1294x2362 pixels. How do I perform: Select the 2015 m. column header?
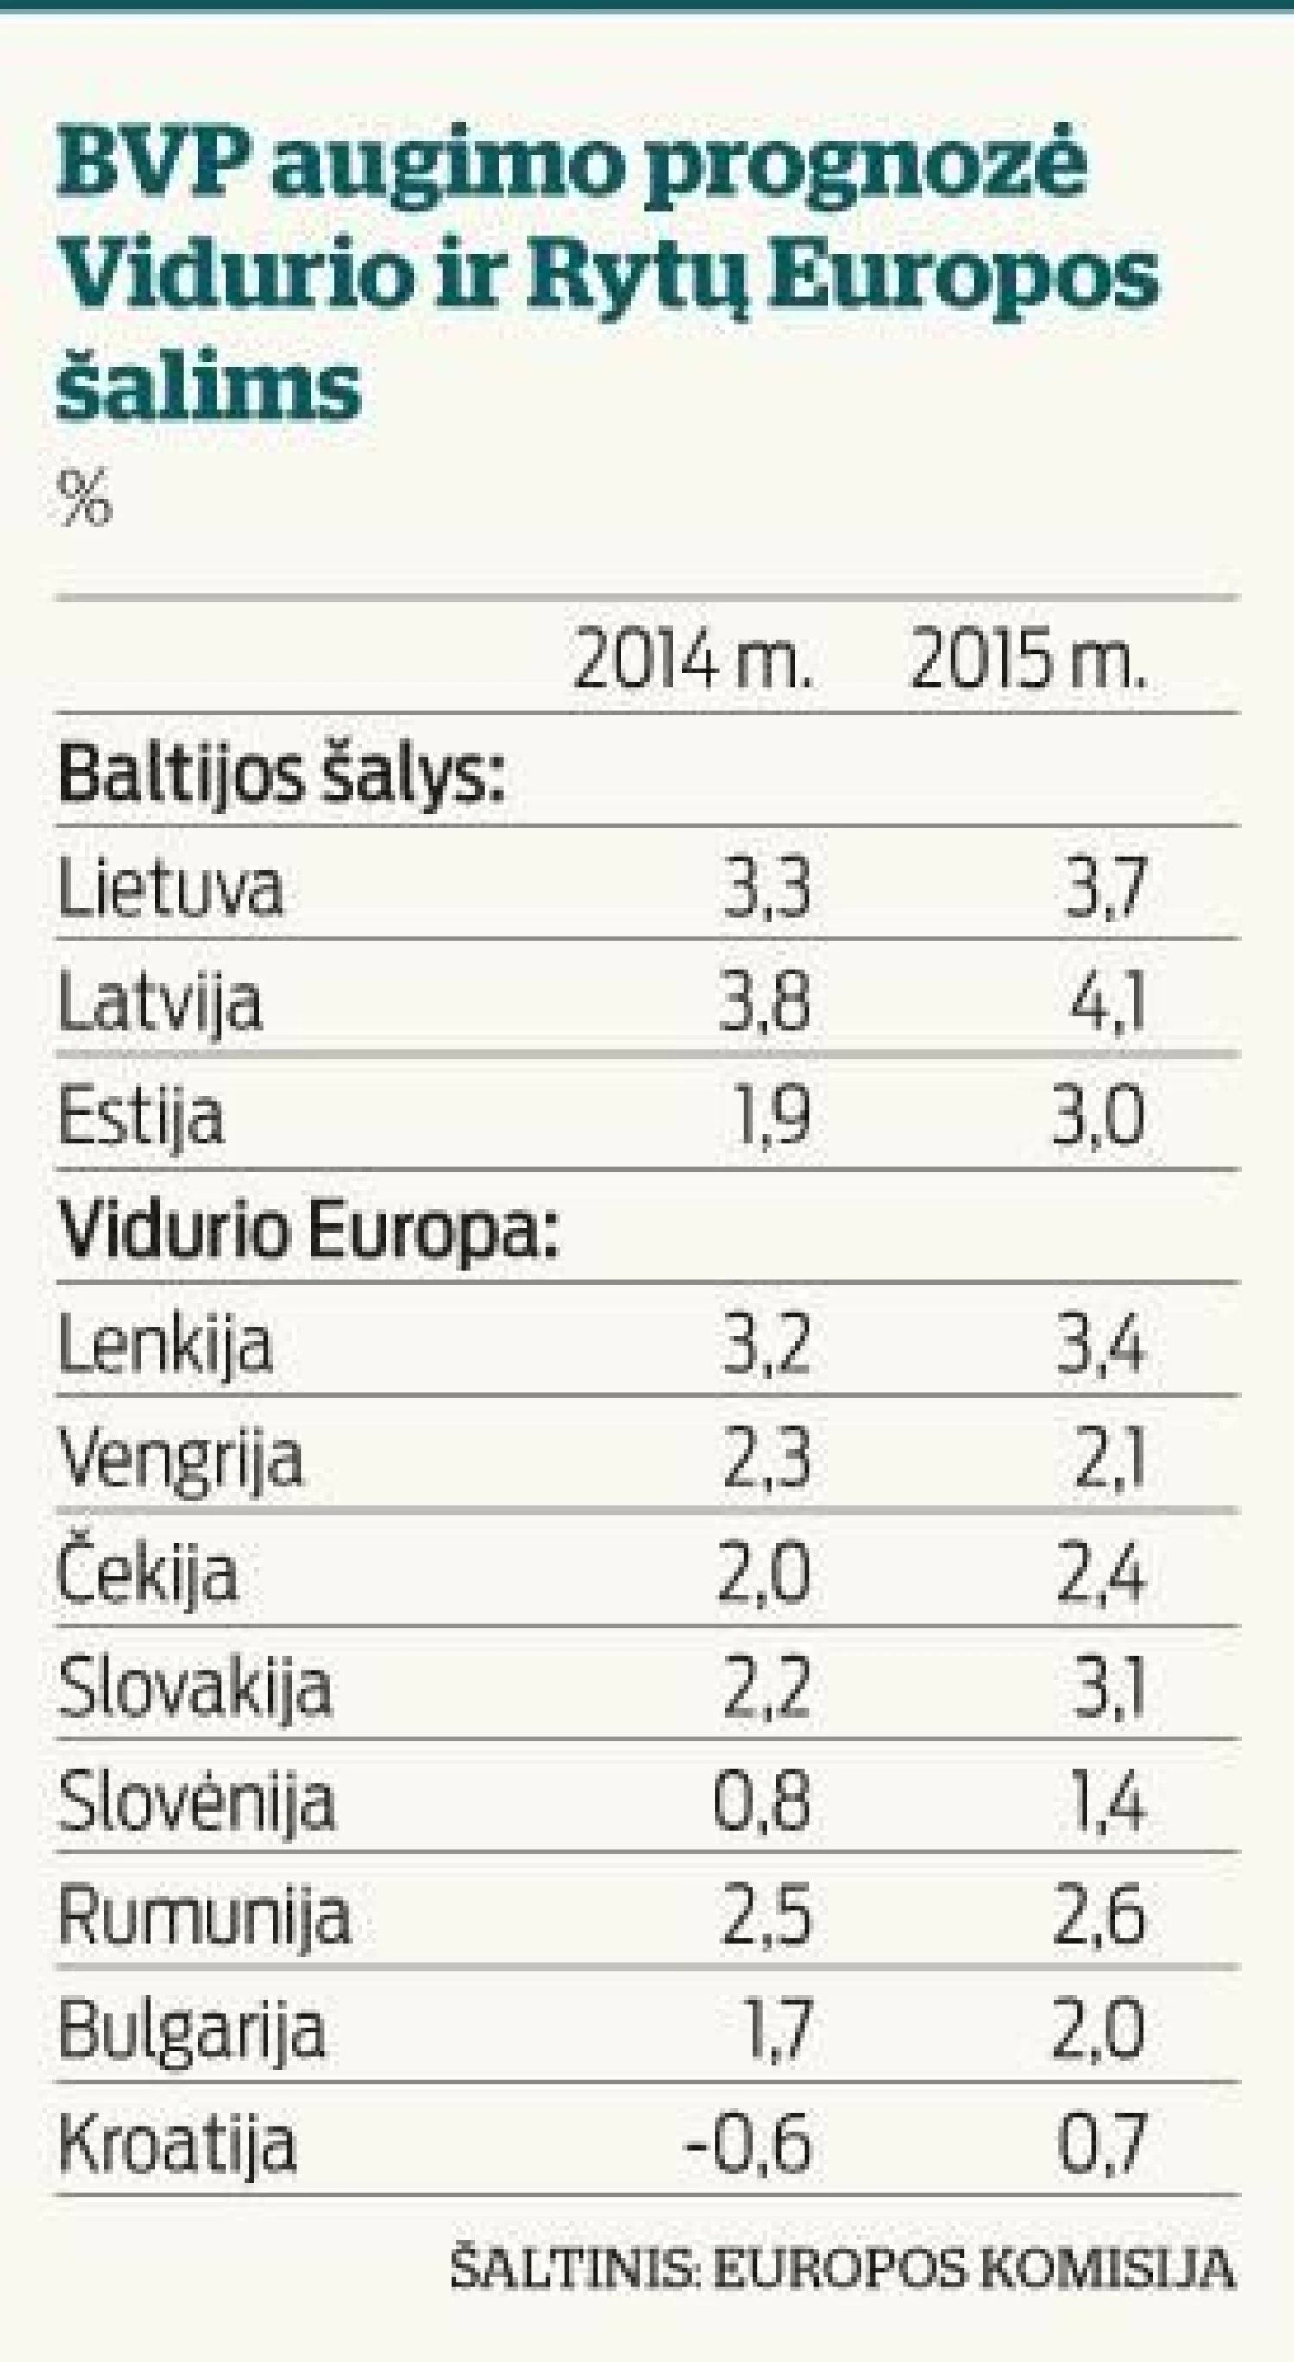click(x=1028, y=660)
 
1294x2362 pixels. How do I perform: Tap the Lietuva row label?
click(x=171, y=888)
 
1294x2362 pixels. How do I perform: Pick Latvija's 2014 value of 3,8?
click(x=767, y=1002)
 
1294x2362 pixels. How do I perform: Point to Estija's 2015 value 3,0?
click(x=1099, y=1116)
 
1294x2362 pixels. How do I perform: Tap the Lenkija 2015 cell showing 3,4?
click(x=1101, y=1344)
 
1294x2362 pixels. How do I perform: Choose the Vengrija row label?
click(x=179, y=1459)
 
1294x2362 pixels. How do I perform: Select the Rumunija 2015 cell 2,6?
click(x=1099, y=1915)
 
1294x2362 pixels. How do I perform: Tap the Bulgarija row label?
click(x=192, y=2030)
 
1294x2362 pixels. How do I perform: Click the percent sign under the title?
click(x=85, y=498)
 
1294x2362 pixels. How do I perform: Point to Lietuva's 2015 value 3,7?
click(x=1104, y=888)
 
